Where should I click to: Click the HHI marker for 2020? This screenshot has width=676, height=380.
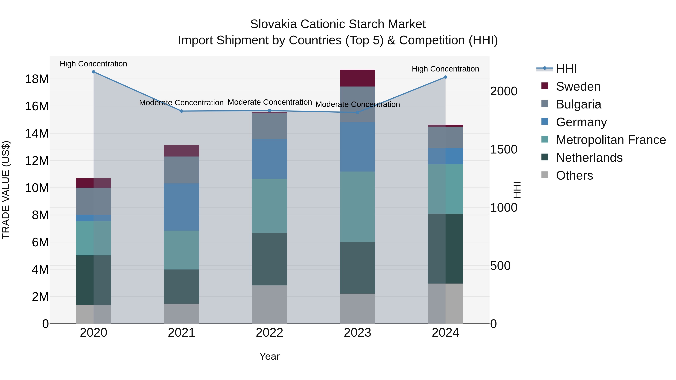(x=94, y=72)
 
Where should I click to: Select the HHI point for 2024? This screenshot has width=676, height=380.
(x=445, y=77)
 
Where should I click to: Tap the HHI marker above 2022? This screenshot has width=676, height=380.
(x=269, y=111)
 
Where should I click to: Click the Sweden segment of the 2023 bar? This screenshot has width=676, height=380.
(x=357, y=78)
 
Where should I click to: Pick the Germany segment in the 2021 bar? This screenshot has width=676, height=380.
(x=181, y=207)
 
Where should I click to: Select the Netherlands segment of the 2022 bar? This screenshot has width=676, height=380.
(x=269, y=259)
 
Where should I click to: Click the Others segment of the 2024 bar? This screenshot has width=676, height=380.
(x=445, y=303)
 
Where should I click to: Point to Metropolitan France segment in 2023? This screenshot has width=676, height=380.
(x=357, y=207)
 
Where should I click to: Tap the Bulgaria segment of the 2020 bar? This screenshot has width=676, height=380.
(x=94, y=201)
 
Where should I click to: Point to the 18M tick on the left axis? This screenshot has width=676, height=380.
(x=37, y=79)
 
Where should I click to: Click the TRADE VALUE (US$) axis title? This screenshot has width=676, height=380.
(x=6, y=190)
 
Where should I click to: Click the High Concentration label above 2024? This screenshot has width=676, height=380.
(x=445, y=69)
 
